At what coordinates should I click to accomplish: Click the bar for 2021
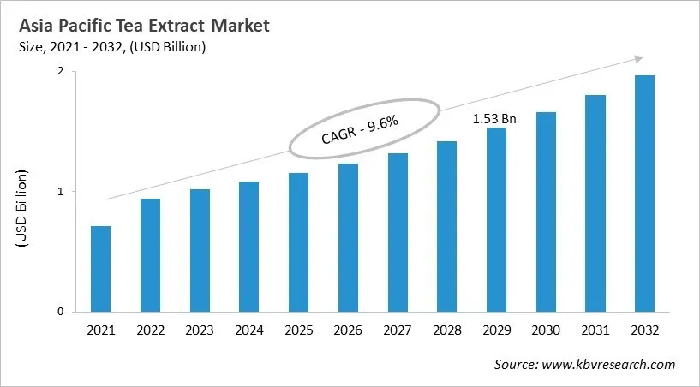pos(100,269)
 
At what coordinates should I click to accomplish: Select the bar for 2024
pos(248,247)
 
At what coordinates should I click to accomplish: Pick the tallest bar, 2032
pos(643,193)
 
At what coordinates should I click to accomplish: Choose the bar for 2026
pos(347,237)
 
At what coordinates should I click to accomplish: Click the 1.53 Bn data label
pos(494,118)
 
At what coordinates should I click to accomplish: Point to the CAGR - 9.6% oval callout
pos(364,128)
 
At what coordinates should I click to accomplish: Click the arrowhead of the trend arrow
pos(639,58)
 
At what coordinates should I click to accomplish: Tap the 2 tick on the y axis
pos(60,72)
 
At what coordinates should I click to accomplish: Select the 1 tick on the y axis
pos(60,192)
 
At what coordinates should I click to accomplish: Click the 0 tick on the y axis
pos(60,312)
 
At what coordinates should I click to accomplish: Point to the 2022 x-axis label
pos(150,330)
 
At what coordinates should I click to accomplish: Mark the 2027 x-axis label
pos(397,330)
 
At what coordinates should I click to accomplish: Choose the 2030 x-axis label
pos(545,330)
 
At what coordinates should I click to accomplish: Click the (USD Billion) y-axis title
pos(22,210)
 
